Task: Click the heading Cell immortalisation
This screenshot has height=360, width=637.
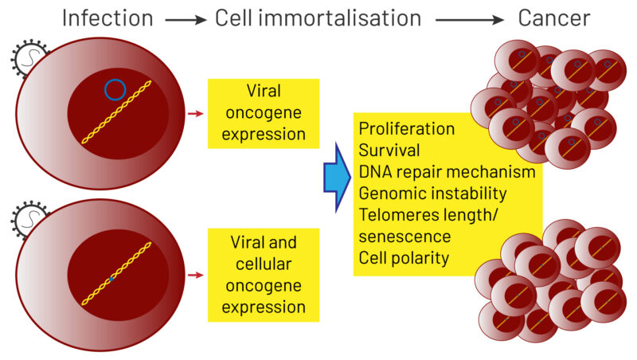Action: pos(318,18)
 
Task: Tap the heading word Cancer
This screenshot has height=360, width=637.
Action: pos(556,18)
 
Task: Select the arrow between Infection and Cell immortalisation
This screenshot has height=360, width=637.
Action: pos(185,19)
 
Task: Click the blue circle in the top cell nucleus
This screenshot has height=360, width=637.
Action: pos(115,89)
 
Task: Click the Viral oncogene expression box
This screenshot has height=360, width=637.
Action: pos(263,113)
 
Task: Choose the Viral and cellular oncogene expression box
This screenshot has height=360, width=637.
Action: pos(263,275)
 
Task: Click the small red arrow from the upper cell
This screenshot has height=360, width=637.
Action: pos(193,115)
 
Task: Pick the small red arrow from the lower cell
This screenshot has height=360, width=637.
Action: pos(193,276)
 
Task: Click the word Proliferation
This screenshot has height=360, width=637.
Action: pos(407,128)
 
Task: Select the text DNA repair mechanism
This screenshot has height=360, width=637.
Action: pos(447,171)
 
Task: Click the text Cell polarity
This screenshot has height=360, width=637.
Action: pos(403,257)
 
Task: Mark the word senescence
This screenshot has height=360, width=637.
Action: pos(404,236)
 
